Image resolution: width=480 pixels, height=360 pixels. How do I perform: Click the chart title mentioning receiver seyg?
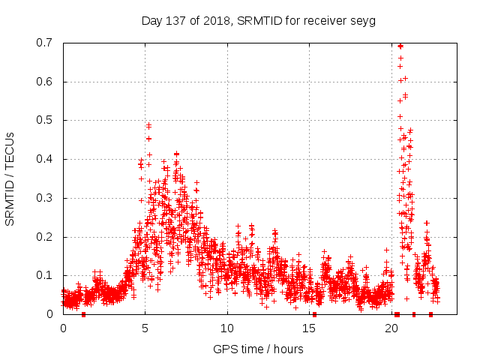click(x=258, y=20)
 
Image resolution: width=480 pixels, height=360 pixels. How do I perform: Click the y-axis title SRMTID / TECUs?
click(x=10, y=178)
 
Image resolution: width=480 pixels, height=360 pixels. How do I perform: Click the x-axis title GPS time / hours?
click(x=258, y=349)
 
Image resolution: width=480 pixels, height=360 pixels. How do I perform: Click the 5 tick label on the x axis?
click(x=145, y=328)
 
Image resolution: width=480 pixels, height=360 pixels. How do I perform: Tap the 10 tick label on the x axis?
click(x=227, y=328)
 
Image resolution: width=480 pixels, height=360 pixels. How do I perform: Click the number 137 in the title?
click(x=173, y=20)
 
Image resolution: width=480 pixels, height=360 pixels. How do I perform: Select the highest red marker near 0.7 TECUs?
click(x=400, y=46)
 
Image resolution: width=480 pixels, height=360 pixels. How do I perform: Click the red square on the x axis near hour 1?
click(x=83, y=314)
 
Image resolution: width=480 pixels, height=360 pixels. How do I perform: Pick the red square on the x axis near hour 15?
click(x=314, y=314)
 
